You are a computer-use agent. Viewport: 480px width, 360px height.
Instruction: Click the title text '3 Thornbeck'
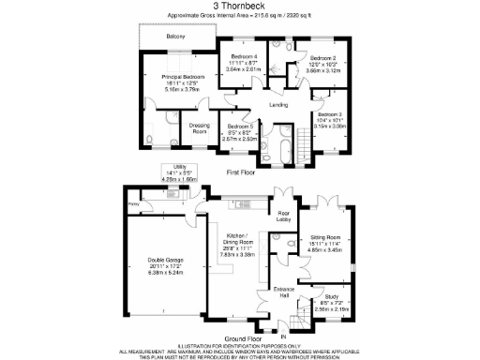[240, 6]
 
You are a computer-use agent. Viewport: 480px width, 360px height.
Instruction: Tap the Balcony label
[174, 37]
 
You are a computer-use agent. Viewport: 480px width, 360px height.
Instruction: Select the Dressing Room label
[199, 128]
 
